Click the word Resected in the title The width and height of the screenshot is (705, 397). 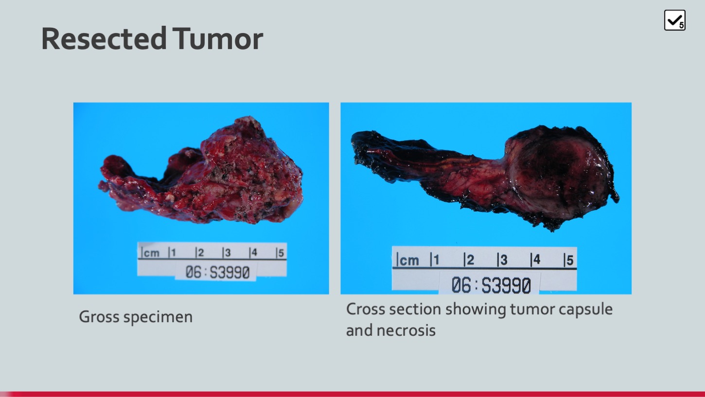point(104,38)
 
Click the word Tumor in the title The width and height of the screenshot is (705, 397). point(218,38)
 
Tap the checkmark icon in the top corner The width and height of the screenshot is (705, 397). point(675,20)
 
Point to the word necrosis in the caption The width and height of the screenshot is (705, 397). point(406,330)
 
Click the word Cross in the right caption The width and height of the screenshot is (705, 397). point(366,309)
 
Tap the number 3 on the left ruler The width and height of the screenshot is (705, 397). point(228,253)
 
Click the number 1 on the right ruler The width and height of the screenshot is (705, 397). point(436,260)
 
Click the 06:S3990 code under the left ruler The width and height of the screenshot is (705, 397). point(217,272)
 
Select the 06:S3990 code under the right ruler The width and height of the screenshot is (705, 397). point(491,285)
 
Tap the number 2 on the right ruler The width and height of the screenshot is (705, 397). point(470,260)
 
